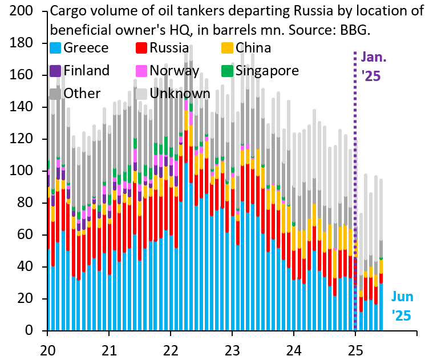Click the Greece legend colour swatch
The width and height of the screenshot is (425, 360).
coord(56,48)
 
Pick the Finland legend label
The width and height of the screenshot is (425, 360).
coord(87,71)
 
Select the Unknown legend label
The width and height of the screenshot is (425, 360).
coord(180,93)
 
